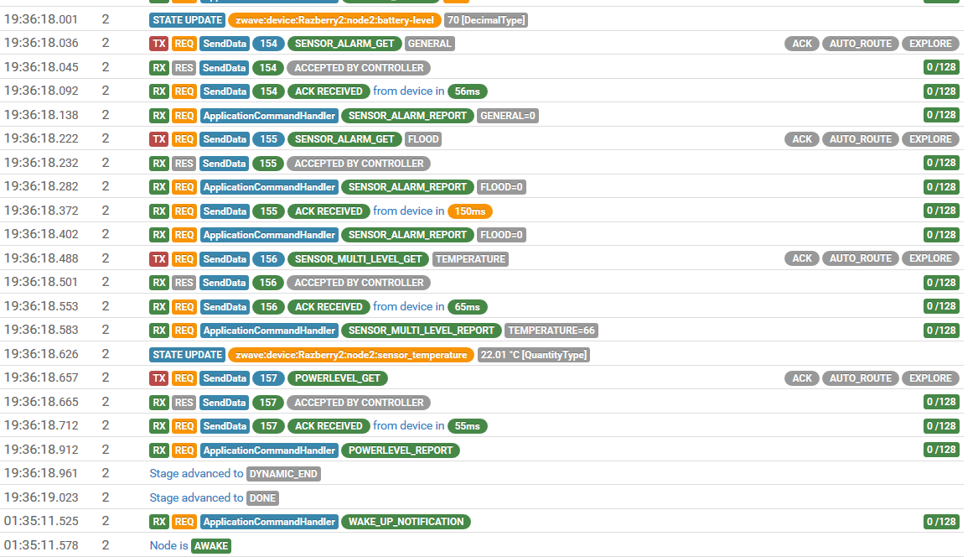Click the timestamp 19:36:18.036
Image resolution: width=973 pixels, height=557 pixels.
[x=41, y=44]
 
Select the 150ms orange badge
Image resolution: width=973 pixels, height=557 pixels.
[x=470, y=211]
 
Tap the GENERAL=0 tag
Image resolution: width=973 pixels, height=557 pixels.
[x=508, y=116]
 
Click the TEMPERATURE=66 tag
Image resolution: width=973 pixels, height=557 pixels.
[x=551, y=331]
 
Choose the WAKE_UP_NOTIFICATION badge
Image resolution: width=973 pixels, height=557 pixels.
[x=406, y=522]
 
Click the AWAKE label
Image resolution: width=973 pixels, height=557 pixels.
[x=210, y=546]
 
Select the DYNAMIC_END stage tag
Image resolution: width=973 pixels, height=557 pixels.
[x=283, y=474]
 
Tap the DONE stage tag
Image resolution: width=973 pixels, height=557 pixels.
[x=262, y=498]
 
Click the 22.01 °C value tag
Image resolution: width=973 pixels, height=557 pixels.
[x=533, y=355]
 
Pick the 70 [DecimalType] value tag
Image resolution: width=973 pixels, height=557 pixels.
[x=486, y=20]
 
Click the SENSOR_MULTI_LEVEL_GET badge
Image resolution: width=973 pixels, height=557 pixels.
[x=358, y=259]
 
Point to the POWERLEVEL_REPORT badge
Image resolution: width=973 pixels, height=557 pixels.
[x=400, y=450]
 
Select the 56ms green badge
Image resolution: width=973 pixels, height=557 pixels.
[x=467, y=91]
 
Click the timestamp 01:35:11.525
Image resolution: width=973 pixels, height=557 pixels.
[x=41, y=522]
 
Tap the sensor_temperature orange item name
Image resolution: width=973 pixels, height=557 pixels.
[x=351, y=355]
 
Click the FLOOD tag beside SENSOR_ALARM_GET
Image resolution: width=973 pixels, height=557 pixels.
[x=423, y=139]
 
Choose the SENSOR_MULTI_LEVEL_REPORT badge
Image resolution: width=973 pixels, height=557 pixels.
[x=421, y=331]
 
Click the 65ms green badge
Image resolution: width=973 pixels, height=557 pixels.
[x=467, y=307]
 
